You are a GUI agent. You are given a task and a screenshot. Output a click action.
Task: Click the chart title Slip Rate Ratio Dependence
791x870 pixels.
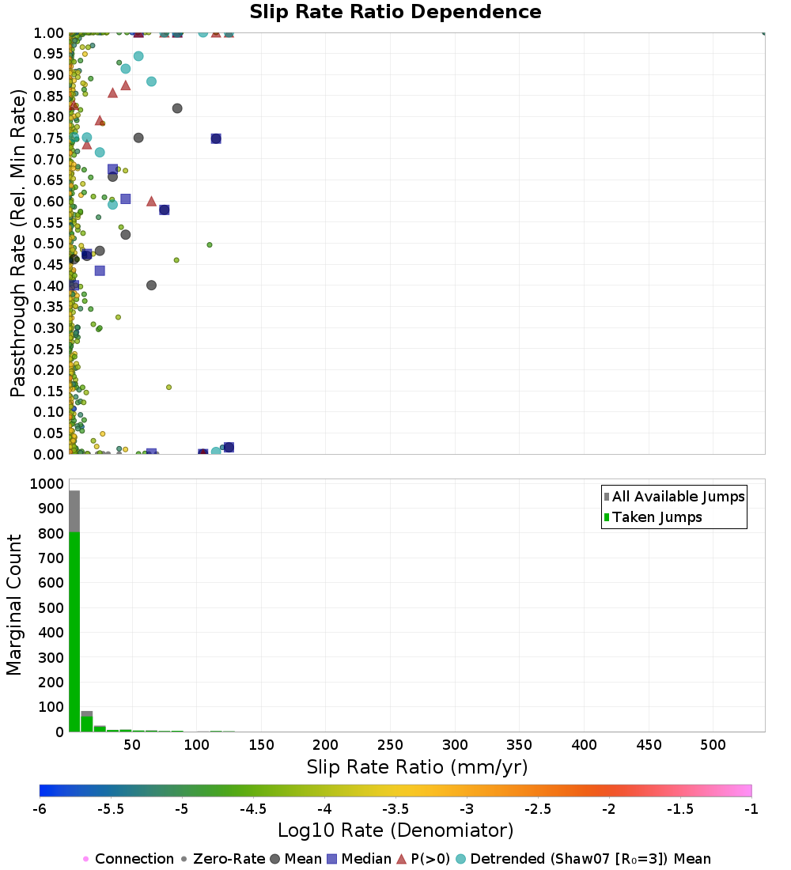395,13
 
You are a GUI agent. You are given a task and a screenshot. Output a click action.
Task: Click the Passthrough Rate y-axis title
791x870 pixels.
18,243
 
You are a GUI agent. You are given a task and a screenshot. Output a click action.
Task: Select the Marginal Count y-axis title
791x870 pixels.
14,605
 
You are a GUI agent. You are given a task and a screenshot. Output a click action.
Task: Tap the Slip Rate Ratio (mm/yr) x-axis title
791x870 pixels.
417,766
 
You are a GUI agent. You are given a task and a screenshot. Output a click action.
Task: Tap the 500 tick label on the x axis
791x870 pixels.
713,745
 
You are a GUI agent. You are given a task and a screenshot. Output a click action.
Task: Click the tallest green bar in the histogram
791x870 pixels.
74,633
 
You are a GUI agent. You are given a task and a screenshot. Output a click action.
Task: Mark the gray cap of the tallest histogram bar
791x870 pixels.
74,511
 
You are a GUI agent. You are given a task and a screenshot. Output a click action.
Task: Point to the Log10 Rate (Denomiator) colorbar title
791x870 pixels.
395,830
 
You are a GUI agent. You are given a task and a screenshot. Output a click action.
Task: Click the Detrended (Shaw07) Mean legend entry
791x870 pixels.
590,859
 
